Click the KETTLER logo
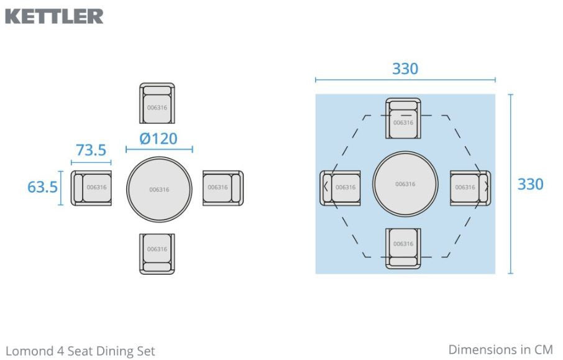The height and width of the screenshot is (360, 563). click(54, 16)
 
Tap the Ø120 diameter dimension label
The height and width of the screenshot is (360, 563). click(158, 139)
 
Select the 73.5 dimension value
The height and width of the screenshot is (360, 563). click(91, 150)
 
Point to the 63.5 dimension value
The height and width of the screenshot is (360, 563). click(42, 187)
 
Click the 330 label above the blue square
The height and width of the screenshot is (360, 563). click(405, 68)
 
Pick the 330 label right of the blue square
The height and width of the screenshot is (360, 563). click(530, 184)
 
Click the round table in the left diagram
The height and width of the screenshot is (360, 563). click(159, 189)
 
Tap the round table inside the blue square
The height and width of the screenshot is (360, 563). click(405, 184)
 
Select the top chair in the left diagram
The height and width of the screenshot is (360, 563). click(157, 103)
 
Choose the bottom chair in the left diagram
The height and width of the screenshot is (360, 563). click(157, 254)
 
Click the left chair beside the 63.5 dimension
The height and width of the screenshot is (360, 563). click(91, 188)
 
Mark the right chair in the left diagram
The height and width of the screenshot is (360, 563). click(223, 188)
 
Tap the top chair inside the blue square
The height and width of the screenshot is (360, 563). click(403, 118)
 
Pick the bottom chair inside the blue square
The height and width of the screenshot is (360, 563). click(403, 248)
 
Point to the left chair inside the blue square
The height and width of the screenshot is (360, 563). click(340, 188)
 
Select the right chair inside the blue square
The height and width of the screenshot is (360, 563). click(470, 188)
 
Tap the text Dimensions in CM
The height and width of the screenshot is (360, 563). click(500, 349)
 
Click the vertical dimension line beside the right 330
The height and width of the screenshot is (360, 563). click(511, 184)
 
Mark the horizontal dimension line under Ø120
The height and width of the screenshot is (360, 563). click(159, 149)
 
